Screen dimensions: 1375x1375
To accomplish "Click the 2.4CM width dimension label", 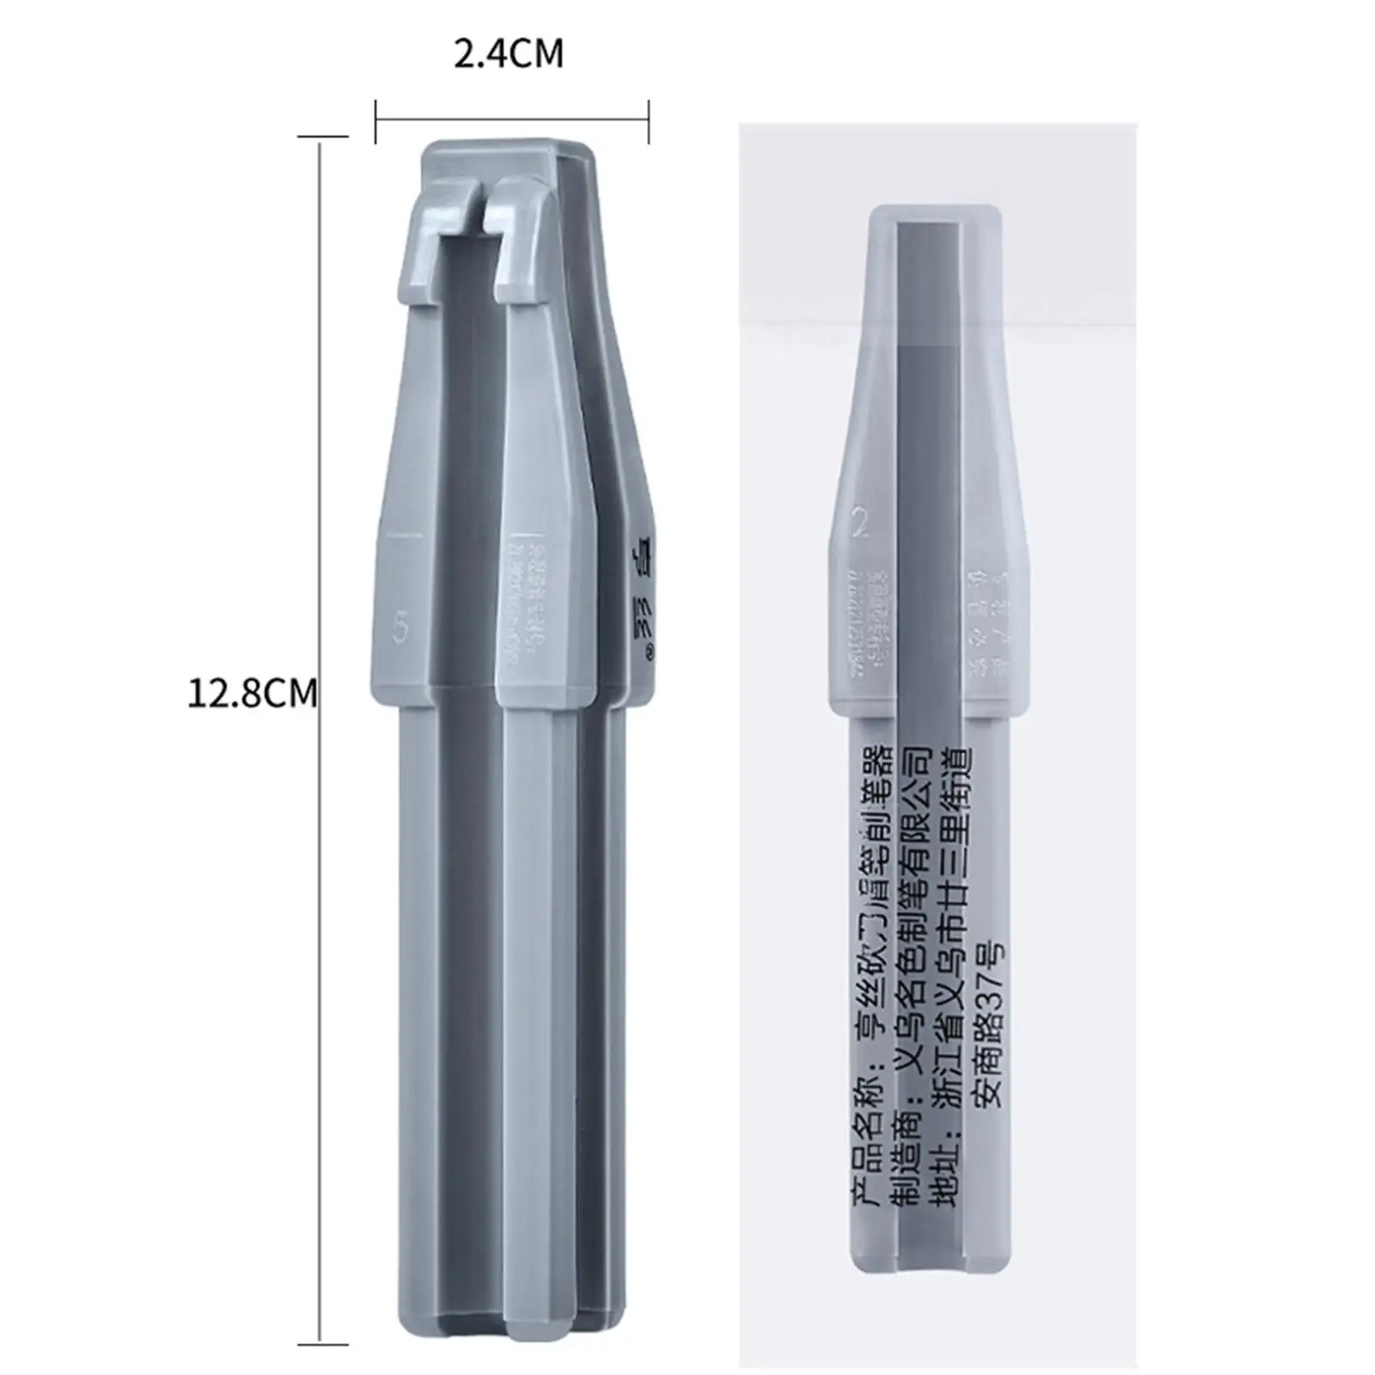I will coord(509,54).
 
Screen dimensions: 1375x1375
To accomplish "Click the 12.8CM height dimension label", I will coord(252,693).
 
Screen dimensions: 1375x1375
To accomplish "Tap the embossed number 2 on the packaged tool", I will coord(860,522).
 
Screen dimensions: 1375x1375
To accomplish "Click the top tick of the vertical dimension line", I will coord(322,136).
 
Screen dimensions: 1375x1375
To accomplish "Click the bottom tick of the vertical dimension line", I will coord(322,1344).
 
